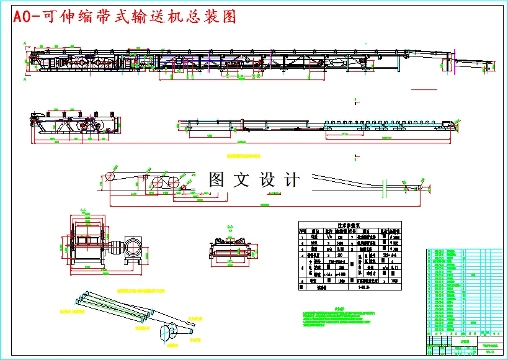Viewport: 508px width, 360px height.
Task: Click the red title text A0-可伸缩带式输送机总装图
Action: [x=124, y=17]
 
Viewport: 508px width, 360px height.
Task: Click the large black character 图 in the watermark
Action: [x=217, y=180]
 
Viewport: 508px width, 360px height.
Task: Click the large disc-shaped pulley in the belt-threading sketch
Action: [x=168, y=333]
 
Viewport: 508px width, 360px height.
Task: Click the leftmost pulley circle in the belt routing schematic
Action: [x=110, y=175]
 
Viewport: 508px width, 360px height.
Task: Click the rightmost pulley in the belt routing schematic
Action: [x=424, y=187]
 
